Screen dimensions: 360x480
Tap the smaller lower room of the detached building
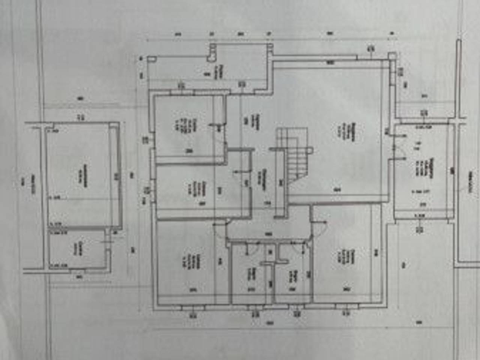(77, 249)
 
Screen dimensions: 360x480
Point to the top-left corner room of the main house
(186, 126)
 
